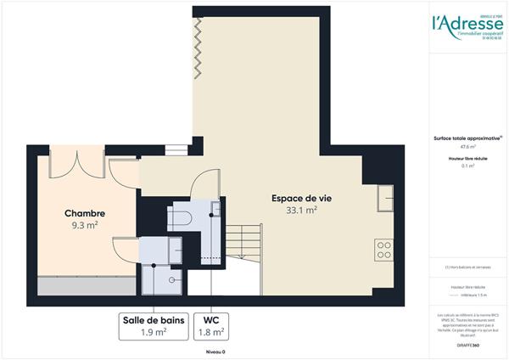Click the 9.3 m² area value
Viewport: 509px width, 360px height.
point(85,226)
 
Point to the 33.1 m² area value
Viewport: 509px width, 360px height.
point(300,211)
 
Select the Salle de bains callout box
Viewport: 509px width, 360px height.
point(153,326)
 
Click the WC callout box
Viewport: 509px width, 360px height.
point(210,326)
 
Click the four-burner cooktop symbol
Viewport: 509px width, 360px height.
point(383,250)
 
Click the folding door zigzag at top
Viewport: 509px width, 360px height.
point(197,46)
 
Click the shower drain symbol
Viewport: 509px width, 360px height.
point(174,278)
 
